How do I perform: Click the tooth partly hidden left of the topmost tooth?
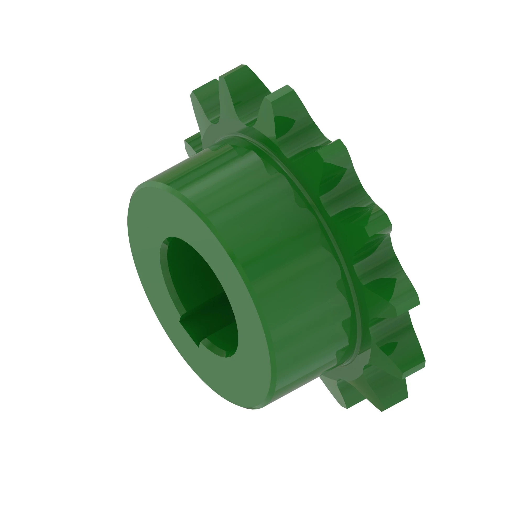(203, 90)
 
